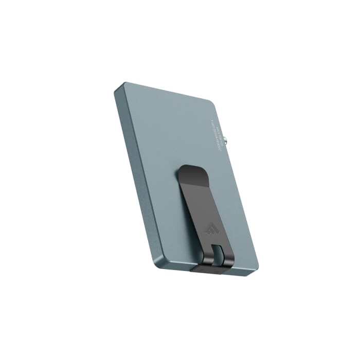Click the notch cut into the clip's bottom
(216, 255)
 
